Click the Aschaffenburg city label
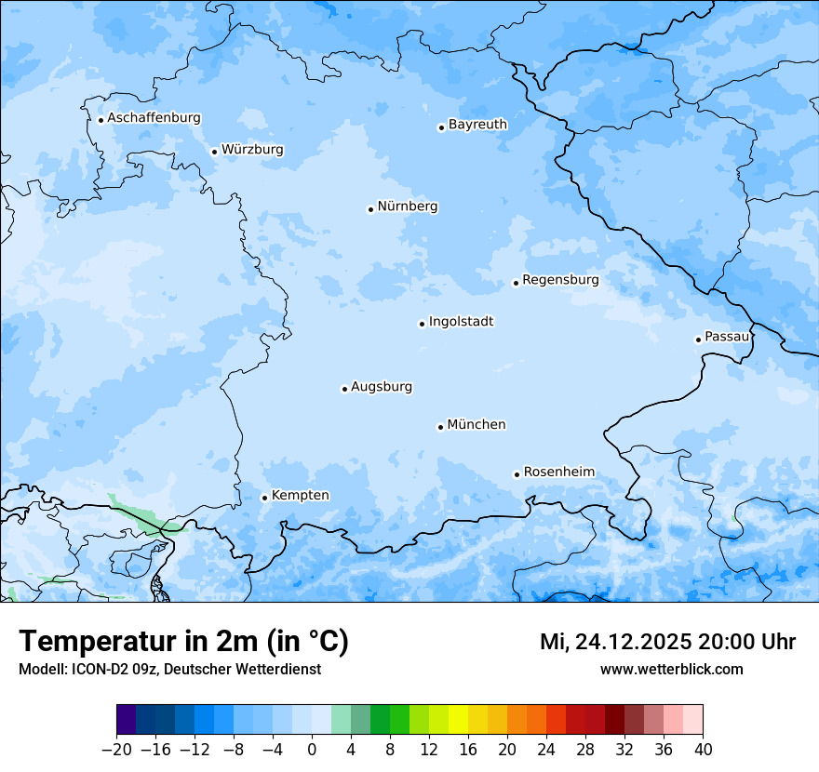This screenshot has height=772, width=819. pos(154,118)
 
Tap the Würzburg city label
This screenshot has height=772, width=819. pos(252,150)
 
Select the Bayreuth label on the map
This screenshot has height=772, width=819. pos(477,125)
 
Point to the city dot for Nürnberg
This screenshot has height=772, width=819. pos(370,209)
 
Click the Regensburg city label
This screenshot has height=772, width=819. pos(560,280)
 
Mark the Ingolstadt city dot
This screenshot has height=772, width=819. pos(422,325)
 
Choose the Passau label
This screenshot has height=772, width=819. pos(727,337)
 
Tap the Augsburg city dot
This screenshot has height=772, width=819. pos(344,390)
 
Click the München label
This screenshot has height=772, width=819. pos(477,425)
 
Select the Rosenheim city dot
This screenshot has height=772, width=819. pos(517,474)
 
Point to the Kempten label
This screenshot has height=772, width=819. pos(300,496)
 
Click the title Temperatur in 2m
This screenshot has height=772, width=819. pos(183,642)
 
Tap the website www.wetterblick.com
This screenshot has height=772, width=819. pos(671,669)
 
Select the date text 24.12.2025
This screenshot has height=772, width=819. pos(633,642)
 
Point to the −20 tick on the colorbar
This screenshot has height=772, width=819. pos(116,750)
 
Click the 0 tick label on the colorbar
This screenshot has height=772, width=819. pos(312,750)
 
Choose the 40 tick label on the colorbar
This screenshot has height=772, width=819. pos(702,750)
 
